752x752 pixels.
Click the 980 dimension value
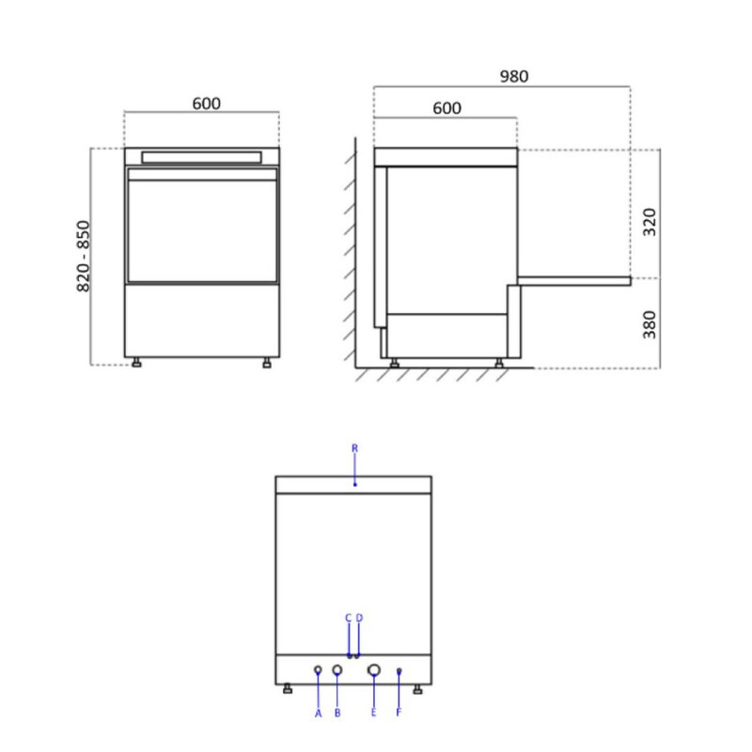click(x=514, y=77)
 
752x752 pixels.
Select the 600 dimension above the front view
click(x=207, y=103)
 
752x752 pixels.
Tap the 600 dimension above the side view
click(x=447, y=108)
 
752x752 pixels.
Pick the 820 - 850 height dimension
click(x=84, y=256)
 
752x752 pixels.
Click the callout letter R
click(x=354, y=448)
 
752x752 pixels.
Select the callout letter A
click(x=319, y=714)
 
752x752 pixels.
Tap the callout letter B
click(x=337, y=714)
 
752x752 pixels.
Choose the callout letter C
click(x=348, y=618)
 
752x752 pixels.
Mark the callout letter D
click(x=359, y=618)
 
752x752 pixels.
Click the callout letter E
click(x=374, y=714)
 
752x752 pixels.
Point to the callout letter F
click(x=399, y=714)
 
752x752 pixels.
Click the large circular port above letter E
click(x=374, y=670)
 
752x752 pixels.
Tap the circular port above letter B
click(x=337, y=670)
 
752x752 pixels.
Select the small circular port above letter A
click(x=318, y=670)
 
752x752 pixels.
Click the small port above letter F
click(x=399, y=670)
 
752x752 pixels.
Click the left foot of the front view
click(x=137, y=363)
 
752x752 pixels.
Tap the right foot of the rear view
click(x=416, y=691)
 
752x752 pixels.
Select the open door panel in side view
click(x=573, y=280)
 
